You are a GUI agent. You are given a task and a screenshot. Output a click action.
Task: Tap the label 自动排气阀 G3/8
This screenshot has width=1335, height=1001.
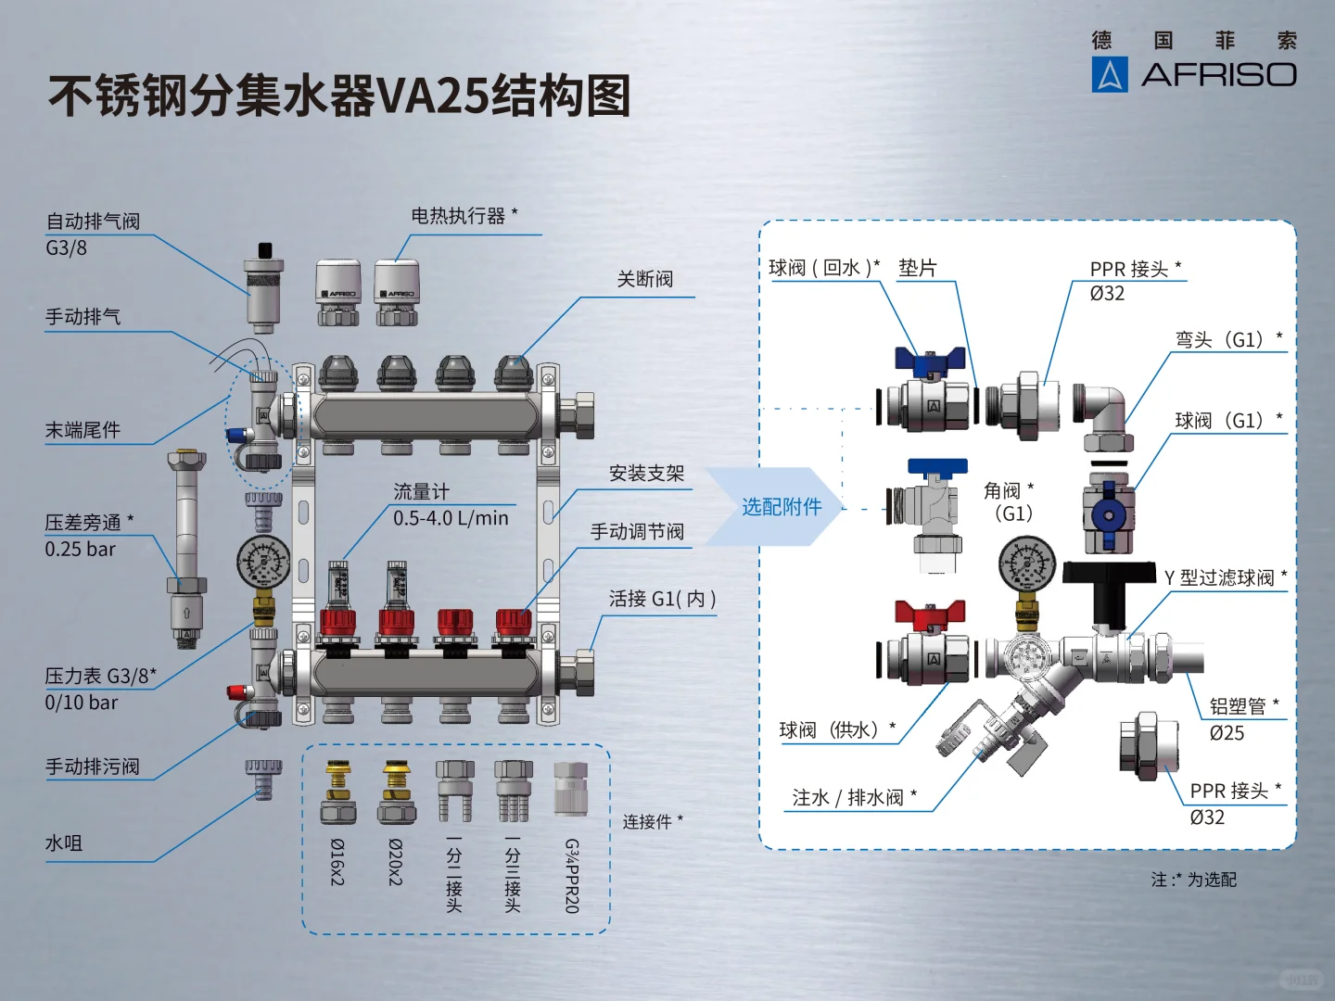pos(92,234)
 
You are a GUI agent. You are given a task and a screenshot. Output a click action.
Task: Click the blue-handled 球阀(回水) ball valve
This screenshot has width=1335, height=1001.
pos(927,394)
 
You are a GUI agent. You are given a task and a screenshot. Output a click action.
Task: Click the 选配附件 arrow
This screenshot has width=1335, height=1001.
pos(781,507)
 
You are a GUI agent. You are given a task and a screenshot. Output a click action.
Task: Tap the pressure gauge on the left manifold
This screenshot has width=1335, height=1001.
pos(263,562)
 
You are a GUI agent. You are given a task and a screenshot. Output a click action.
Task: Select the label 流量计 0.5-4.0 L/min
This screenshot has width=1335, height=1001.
pos(450,505)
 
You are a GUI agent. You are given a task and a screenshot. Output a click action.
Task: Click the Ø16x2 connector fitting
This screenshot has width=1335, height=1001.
pos(338,794)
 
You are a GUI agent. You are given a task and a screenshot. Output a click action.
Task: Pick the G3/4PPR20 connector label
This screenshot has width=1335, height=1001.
pos(572,875)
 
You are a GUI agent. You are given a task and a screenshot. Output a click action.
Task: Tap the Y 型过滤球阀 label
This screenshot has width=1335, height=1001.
pos(1224,578)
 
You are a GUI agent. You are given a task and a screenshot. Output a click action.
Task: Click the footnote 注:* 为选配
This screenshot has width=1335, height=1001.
pos(1193,880)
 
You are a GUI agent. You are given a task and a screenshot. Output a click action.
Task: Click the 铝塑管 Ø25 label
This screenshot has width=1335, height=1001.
pos(1242,719)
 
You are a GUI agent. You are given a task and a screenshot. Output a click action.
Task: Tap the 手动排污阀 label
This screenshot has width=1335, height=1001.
pos(93,767)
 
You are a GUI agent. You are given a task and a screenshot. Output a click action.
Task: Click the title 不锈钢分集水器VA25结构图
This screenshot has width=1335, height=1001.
pos(339,96)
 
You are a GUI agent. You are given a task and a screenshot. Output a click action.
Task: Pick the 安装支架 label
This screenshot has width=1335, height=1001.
pos(646,474)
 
